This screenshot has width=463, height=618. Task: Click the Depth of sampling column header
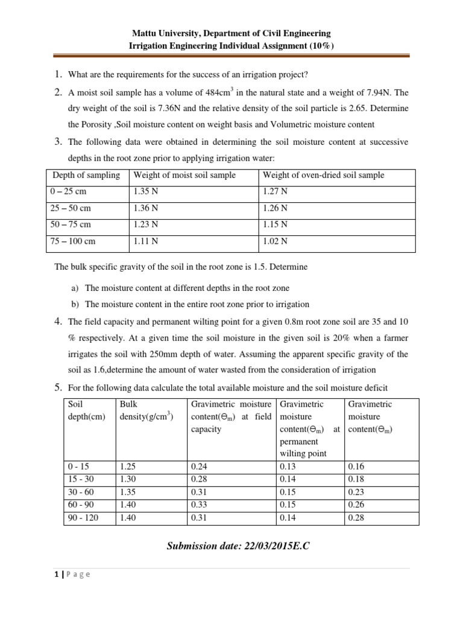86,176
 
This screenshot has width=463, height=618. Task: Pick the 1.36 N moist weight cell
146,208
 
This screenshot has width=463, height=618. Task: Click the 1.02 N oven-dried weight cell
276,241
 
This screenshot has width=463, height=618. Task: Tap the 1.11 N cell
146,241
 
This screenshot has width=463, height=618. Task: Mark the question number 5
58,386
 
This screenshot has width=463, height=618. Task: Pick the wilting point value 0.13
288,467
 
